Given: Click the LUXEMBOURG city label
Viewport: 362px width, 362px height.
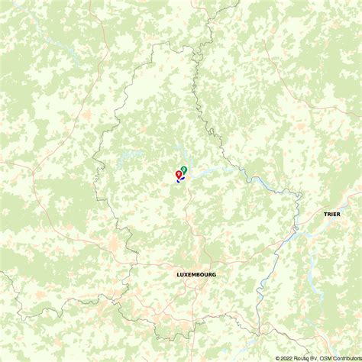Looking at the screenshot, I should (196, 274).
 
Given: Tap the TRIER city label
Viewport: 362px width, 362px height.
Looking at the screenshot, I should (332, 215).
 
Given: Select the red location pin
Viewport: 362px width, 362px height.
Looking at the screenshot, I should (179, 175).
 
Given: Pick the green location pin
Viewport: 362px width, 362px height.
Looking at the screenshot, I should (184, 170).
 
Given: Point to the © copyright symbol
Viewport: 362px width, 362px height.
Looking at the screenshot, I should (278, 357).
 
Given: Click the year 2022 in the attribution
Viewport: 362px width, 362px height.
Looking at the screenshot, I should (288, 357).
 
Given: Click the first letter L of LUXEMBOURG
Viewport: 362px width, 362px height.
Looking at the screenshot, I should (178, 274).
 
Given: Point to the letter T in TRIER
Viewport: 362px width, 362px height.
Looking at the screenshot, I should (325, 215).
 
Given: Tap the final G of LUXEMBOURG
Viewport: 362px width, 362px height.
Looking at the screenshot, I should (215, 274).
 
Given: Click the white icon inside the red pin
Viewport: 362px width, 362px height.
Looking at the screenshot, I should (179, 174).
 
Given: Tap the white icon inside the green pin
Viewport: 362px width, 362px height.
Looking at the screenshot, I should (184, 168).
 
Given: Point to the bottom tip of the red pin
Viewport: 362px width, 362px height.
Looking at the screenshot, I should (179, 180).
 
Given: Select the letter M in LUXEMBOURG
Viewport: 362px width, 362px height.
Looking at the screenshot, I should (196, 274).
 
